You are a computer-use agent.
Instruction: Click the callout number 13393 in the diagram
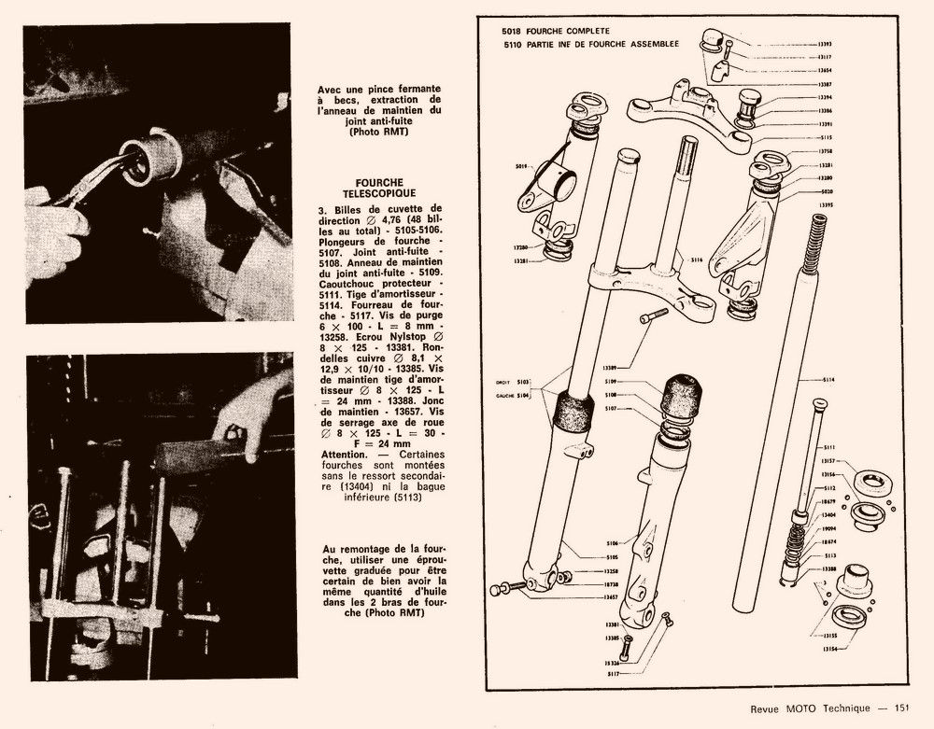point(826,44)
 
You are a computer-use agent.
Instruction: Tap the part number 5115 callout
point(826,136)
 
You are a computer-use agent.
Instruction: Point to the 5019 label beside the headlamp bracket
point(521,166)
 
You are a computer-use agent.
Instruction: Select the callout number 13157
point(826,461)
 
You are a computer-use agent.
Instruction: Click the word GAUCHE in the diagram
point(510,396)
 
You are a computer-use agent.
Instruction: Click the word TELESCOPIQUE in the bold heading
point(379,192)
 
